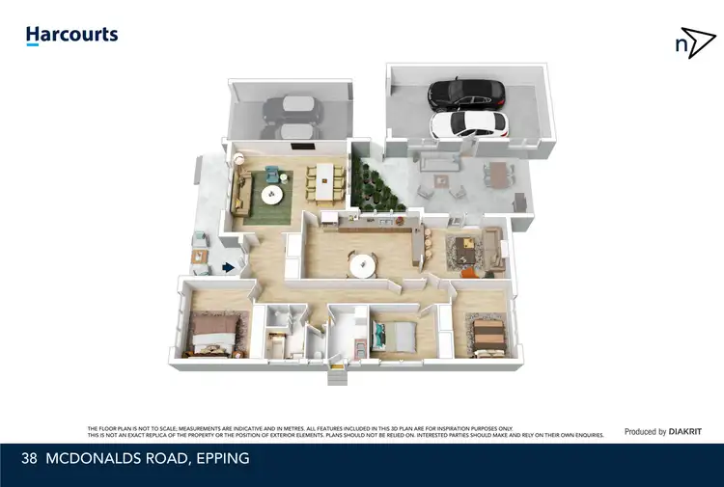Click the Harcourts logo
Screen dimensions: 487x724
click(71, 35)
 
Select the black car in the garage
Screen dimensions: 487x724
click(466, 94)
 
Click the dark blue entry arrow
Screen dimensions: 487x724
click(228, 267)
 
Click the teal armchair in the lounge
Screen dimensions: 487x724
click(272, 174)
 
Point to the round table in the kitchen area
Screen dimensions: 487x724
click(362, 263)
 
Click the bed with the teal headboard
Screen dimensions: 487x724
click(395, 337)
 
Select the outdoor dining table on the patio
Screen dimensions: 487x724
click(497, 175)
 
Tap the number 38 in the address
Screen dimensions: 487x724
click(29, 459)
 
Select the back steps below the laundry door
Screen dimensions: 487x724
click(337, 377)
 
